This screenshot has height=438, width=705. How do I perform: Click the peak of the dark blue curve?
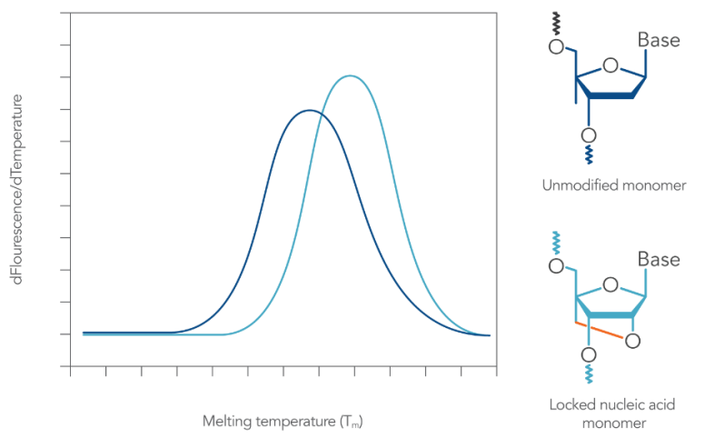(x=309, y=110)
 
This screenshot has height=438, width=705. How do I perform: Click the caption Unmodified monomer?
(x=613, y=186)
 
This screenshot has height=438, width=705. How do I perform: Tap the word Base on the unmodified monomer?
(x=658, y=40)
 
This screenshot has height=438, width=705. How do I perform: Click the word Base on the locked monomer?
(x=658, y=260)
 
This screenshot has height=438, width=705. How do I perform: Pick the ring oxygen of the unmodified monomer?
(x=611, y=65)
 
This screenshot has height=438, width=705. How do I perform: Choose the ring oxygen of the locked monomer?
(x=611, y=284)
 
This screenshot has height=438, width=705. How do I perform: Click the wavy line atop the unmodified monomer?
(x=557, y=24)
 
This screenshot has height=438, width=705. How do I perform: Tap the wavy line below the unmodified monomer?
(x=589, y=155)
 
